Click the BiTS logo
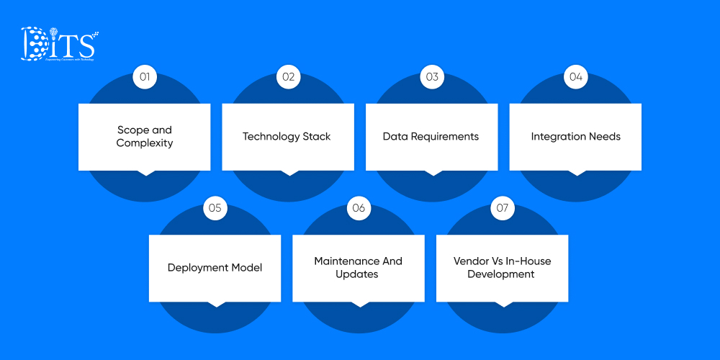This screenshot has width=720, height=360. tap(59, 45)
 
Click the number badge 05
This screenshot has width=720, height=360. tap(215, 209)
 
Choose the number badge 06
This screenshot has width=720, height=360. tap(359, 209)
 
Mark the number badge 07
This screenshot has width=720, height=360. tap(503, 209)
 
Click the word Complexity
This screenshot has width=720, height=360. tap(145, 143)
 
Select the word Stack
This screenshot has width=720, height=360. tap(316, 137)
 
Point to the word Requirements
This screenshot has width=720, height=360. tap(446, 137)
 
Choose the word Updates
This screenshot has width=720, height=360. tap(357, 274)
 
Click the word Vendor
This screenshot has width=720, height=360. tap(471, 261)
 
